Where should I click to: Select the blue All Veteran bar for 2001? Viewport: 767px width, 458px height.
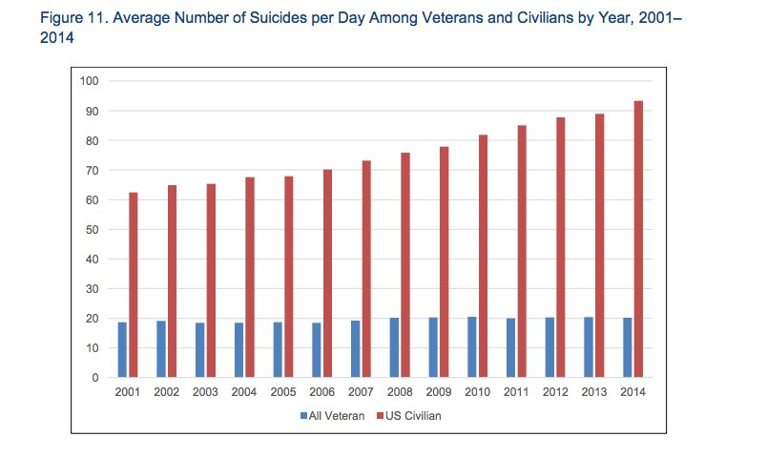122,350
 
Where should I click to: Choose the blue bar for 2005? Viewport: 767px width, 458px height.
278,350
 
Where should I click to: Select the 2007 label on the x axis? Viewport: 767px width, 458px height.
360,392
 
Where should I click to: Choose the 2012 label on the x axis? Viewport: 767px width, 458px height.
554,392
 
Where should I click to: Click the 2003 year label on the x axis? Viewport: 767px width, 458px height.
204,392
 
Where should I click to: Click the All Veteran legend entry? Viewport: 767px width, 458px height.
334,416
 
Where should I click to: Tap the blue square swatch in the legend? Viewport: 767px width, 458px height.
303,416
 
